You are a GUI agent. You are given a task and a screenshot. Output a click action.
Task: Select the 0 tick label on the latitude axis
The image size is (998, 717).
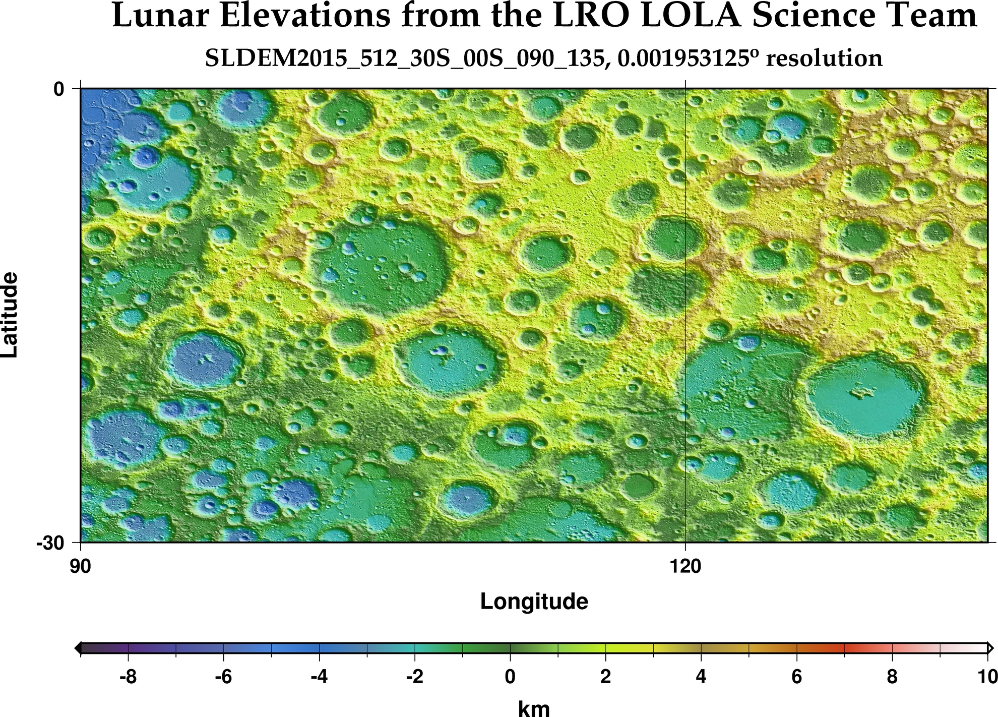click(x=59, y=89)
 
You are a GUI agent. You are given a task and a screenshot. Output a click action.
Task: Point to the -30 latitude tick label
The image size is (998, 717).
click(x=50, y=543)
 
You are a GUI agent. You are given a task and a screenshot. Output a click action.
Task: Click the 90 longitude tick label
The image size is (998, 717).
click(x=81, y=567)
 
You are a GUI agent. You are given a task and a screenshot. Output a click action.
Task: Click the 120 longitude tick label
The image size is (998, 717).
click(x=685, y=567)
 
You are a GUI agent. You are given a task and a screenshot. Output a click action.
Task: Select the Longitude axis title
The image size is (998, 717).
click(x=534, y=602)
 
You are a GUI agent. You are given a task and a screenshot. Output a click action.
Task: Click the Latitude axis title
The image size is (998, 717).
click(x=10, y=315)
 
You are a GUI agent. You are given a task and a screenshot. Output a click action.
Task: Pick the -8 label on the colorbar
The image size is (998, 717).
click(x=128, y=677)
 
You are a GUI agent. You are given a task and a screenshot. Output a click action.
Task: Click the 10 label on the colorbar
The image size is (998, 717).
click(x=986, y=677)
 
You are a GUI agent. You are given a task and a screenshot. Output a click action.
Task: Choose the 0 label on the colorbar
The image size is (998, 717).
click(x=510, y=677)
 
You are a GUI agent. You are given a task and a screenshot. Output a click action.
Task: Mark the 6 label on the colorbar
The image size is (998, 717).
click(x=796, y=677)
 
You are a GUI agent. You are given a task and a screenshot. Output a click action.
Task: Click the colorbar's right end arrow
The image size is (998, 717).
click(x=991, y=648)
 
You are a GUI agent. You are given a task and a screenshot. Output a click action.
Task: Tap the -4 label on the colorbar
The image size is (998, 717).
click(x=319, y=677)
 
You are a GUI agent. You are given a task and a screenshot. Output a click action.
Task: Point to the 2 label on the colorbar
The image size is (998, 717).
click(x=605, y=677)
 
